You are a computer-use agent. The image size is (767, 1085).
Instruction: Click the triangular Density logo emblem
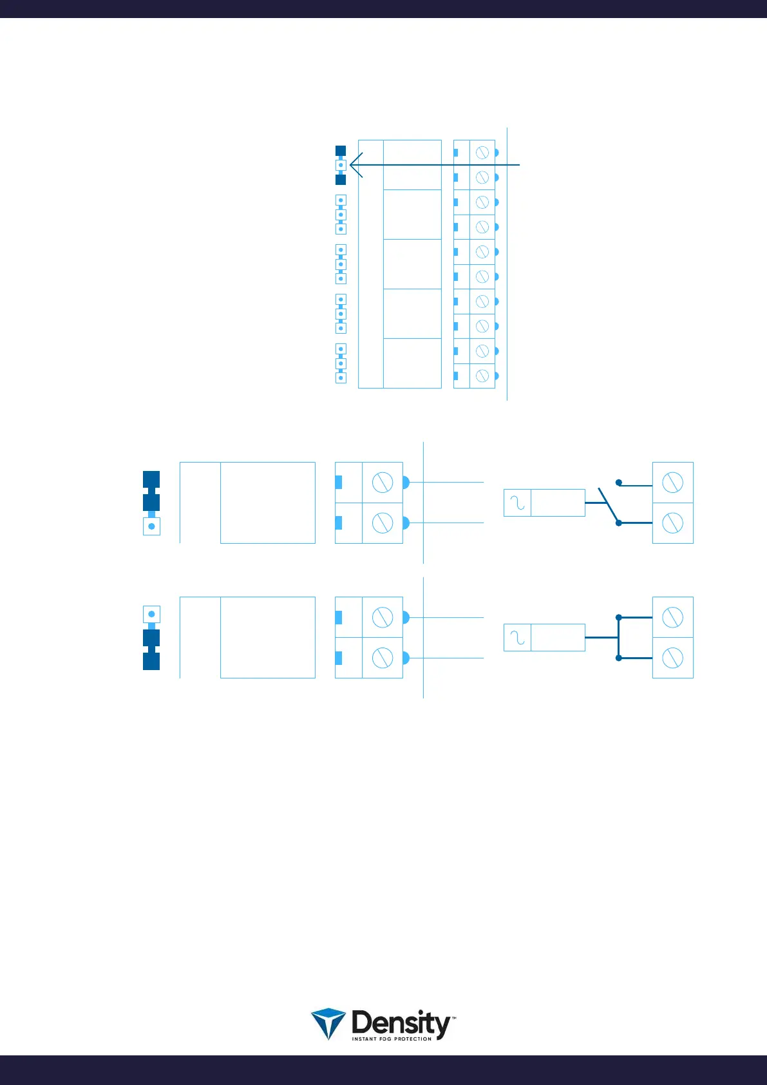tap(328, 1024)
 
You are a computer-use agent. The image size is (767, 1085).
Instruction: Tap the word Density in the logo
tap(401, 1023)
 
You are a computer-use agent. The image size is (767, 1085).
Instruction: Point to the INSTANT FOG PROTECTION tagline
tap(392, 1039)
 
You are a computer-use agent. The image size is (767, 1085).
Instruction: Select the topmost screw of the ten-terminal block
tap(482, 153)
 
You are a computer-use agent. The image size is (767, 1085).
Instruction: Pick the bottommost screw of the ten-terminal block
tap(482, 376)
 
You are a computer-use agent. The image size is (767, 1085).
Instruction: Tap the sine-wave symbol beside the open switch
tap(517, 503)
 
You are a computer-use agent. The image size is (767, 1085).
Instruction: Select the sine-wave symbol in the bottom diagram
tap(517, 637)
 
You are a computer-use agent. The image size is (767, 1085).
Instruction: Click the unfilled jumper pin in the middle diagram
tap(151, 526)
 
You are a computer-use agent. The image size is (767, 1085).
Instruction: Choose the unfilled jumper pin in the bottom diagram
tap(151, 614)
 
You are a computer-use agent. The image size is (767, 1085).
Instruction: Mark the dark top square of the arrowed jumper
tap(341, 151)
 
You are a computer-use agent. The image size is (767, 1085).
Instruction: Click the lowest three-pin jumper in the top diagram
tap(341, 363)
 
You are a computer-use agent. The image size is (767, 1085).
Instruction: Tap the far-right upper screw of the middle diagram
tap(672, 482)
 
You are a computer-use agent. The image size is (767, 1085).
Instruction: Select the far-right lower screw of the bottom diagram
tap(672, 658)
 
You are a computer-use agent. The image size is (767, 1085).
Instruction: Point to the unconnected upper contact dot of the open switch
tap(618, 482)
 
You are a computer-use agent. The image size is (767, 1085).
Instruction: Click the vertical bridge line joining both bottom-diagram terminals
tap(618, 637)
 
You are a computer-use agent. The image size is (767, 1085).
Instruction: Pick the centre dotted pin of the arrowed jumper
tap(341, 165)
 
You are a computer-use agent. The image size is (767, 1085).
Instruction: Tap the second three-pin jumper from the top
tap(341, 215)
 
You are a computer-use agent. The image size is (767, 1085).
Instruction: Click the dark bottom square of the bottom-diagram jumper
tap(151, 662)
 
